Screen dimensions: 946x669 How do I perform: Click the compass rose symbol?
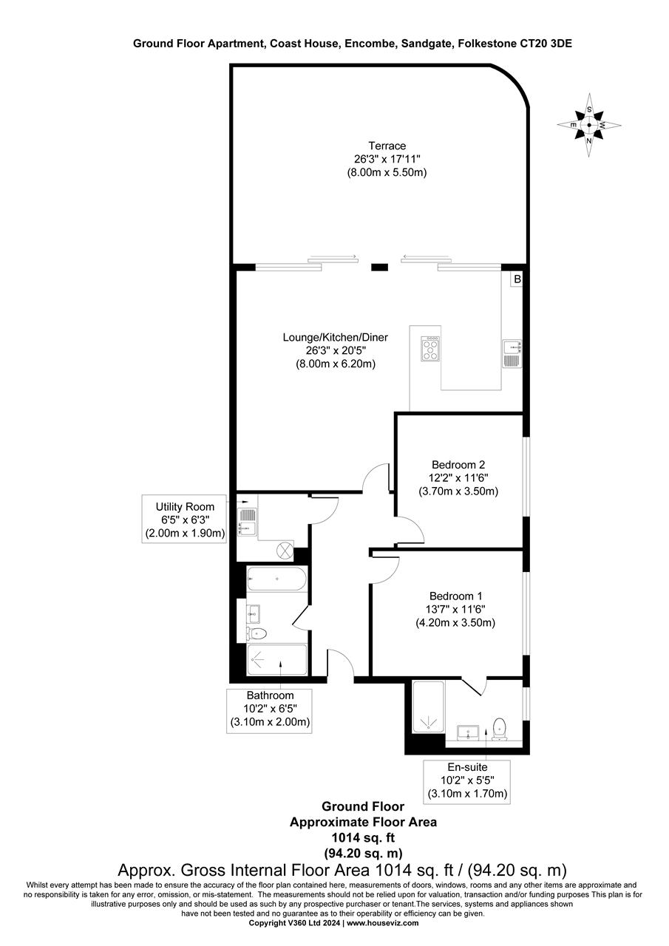(x=589, y=125)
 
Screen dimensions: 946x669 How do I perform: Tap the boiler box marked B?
(x=517, y=279)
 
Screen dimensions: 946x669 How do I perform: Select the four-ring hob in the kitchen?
(x=431, y=349)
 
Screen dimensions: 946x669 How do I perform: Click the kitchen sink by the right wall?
(x=512, y=353)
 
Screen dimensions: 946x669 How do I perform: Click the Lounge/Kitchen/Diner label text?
(x=335, y=337)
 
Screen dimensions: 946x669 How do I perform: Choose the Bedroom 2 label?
(x=458, y=465)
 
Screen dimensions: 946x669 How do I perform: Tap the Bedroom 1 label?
(x=455, y=596)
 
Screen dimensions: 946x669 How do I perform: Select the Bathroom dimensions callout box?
(x=270, y=709)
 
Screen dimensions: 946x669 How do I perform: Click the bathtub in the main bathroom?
(x=276, y=579)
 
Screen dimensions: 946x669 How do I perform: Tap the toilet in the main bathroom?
(x=257, y=633)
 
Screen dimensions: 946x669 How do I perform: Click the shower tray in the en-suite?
(x=427, y=707)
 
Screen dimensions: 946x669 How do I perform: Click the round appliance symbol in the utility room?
(x=283, y=551)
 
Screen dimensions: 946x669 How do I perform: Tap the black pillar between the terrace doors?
(x=378, y=267)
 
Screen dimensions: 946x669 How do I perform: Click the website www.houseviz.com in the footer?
(x=382, y=923)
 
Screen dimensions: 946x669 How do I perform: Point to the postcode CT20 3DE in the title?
(x=545, y=44)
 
